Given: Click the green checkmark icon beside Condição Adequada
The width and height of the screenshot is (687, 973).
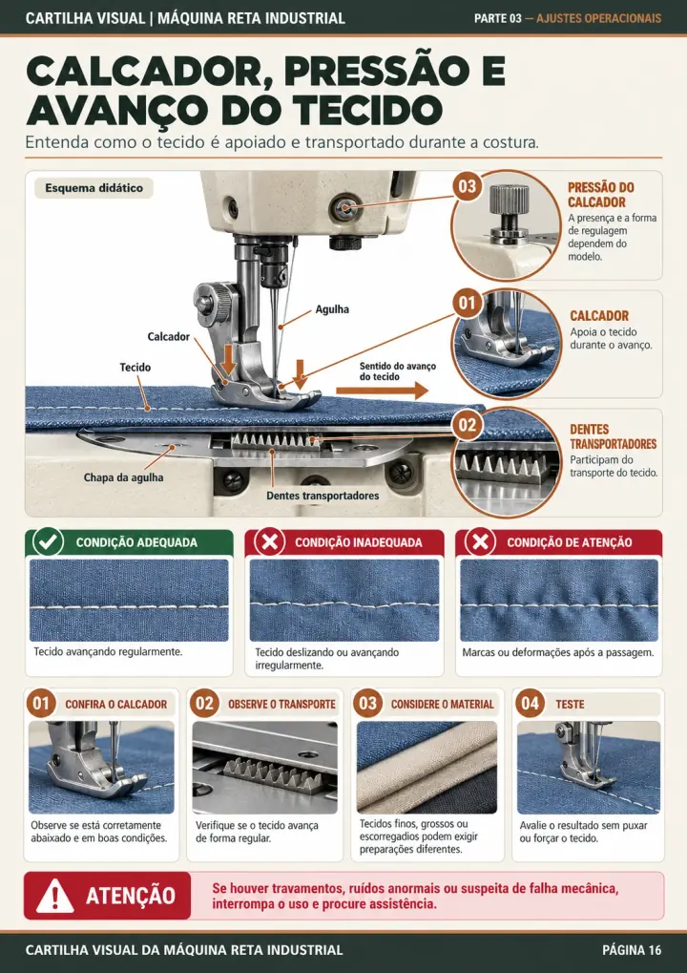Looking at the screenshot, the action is (x=48, y=541).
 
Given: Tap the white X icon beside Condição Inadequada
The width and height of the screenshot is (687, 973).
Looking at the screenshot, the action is (x=270, y=541).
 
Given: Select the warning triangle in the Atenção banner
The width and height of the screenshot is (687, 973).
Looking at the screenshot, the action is (x=55, y=896).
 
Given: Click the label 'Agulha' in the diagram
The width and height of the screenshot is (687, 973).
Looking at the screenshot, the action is (x=332, y=309).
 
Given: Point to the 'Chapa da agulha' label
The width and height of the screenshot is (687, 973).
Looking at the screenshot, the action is (x=124, y=477).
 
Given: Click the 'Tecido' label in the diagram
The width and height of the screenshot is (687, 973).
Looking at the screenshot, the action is (x=135, y=368).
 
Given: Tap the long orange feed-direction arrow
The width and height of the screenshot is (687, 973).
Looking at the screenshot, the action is (x=383, y=391).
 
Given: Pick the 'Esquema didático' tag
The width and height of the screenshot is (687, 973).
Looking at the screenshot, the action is (x=94, y=188).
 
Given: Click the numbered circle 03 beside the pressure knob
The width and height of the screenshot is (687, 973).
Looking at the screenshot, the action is (x=467, y=186).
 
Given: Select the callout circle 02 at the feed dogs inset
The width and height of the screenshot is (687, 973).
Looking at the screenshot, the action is (x=467, y=425).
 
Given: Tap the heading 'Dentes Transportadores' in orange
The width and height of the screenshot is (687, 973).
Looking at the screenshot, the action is (x=613, y=437).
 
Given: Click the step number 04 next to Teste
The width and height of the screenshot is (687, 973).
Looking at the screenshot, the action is (x=531, y=704).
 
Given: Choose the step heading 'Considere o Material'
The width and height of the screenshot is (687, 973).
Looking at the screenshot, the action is (x=442, y=705).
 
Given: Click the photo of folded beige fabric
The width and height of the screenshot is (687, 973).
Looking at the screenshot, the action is (x=427, y=767).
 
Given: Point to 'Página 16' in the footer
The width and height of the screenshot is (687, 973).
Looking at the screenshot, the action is (x=632, y=950).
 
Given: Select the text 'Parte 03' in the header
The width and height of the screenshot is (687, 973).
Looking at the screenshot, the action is (x=498, y=18).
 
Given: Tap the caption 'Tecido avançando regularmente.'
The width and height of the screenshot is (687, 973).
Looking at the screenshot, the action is (x=108, y=651).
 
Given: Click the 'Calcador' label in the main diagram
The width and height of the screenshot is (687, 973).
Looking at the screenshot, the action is (x=168, y=337).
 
